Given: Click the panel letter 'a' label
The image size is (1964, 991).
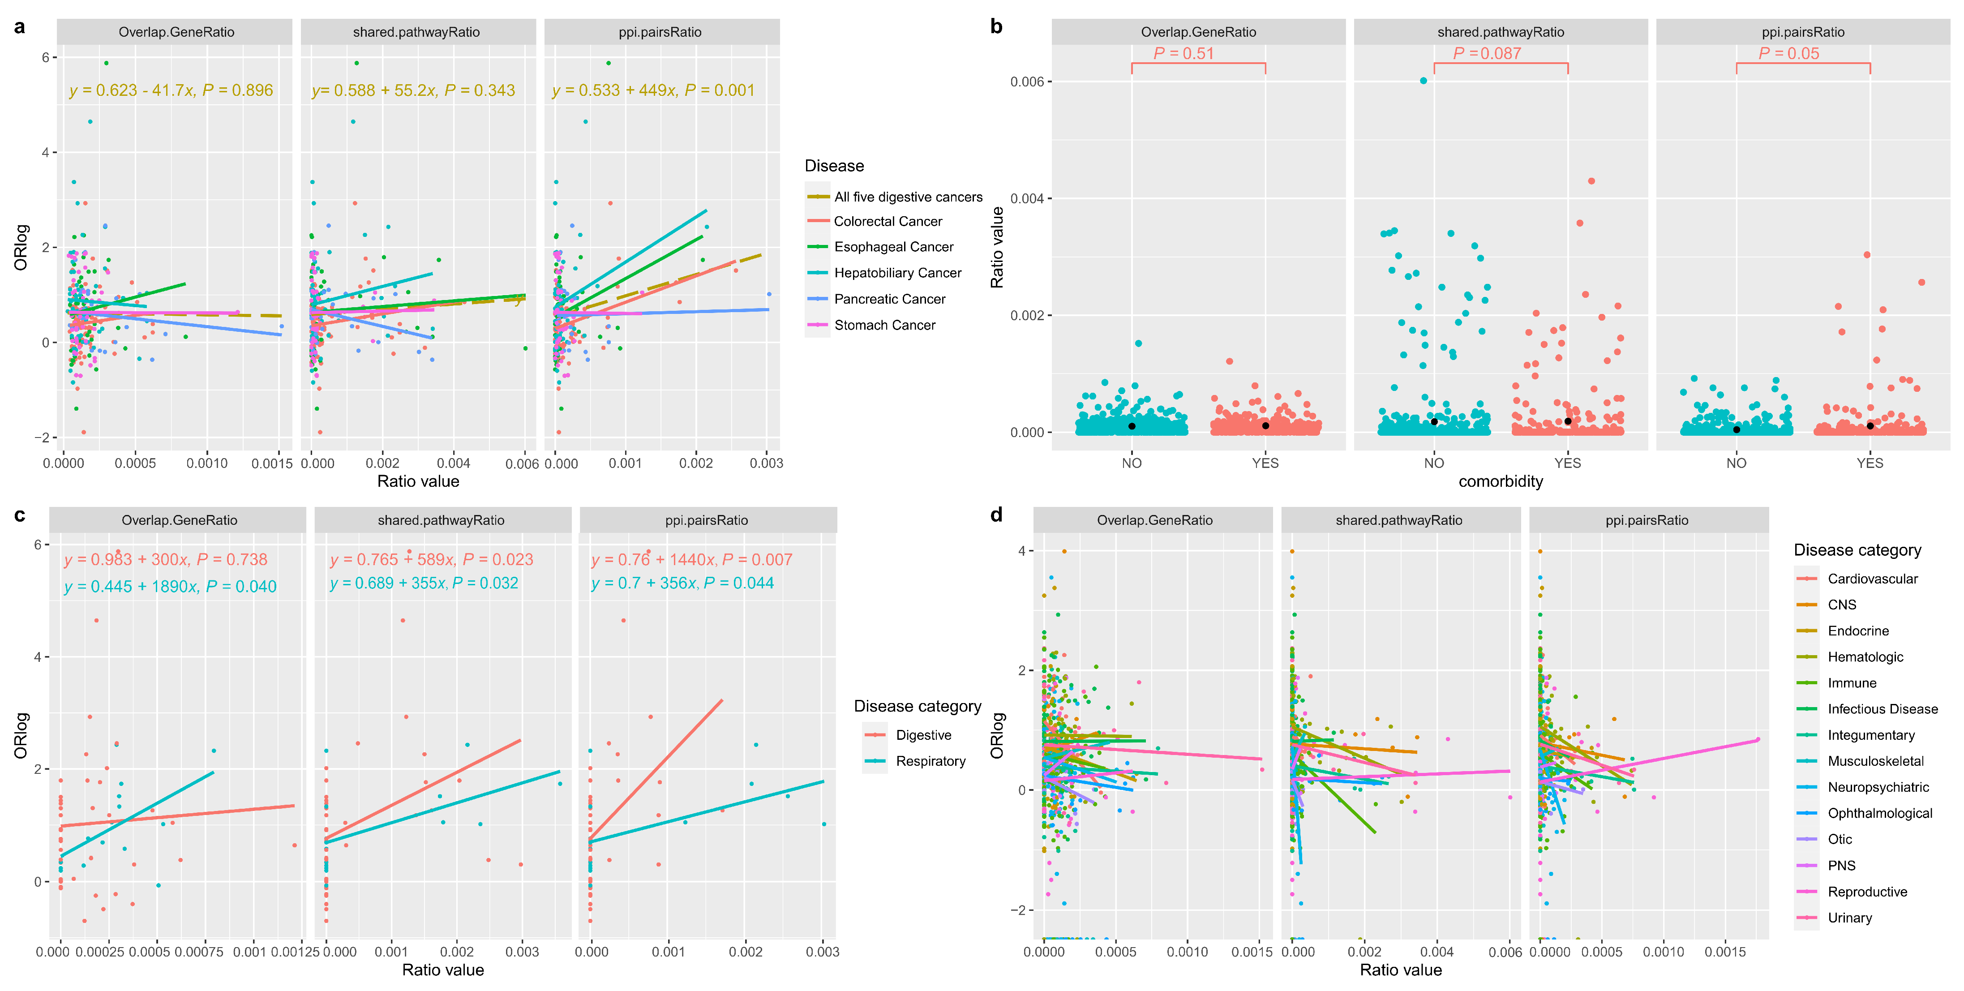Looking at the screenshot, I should (x=20, y=27).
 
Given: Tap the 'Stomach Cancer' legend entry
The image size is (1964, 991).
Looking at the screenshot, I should (x=884, y=325).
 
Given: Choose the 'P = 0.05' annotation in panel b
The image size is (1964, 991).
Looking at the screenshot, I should (x=1788, y=53).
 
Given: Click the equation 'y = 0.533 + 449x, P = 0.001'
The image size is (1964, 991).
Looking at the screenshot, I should (x=652, y=90).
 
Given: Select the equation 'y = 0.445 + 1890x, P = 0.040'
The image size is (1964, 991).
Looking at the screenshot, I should (x=170, y=586).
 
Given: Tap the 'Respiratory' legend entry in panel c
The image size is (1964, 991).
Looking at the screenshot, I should (x=930, y=761).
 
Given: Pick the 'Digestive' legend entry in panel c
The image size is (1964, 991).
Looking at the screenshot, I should (x=923, y=735).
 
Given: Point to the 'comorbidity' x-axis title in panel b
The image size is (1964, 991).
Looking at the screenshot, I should (x=1501, y=481).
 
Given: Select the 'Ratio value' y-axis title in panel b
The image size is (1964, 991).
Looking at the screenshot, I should (x=996, y=248).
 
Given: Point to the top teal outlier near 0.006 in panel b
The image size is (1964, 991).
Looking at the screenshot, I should (x=1424, y=80).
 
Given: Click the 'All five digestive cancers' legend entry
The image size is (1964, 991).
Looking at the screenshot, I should (x=908, y=197).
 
